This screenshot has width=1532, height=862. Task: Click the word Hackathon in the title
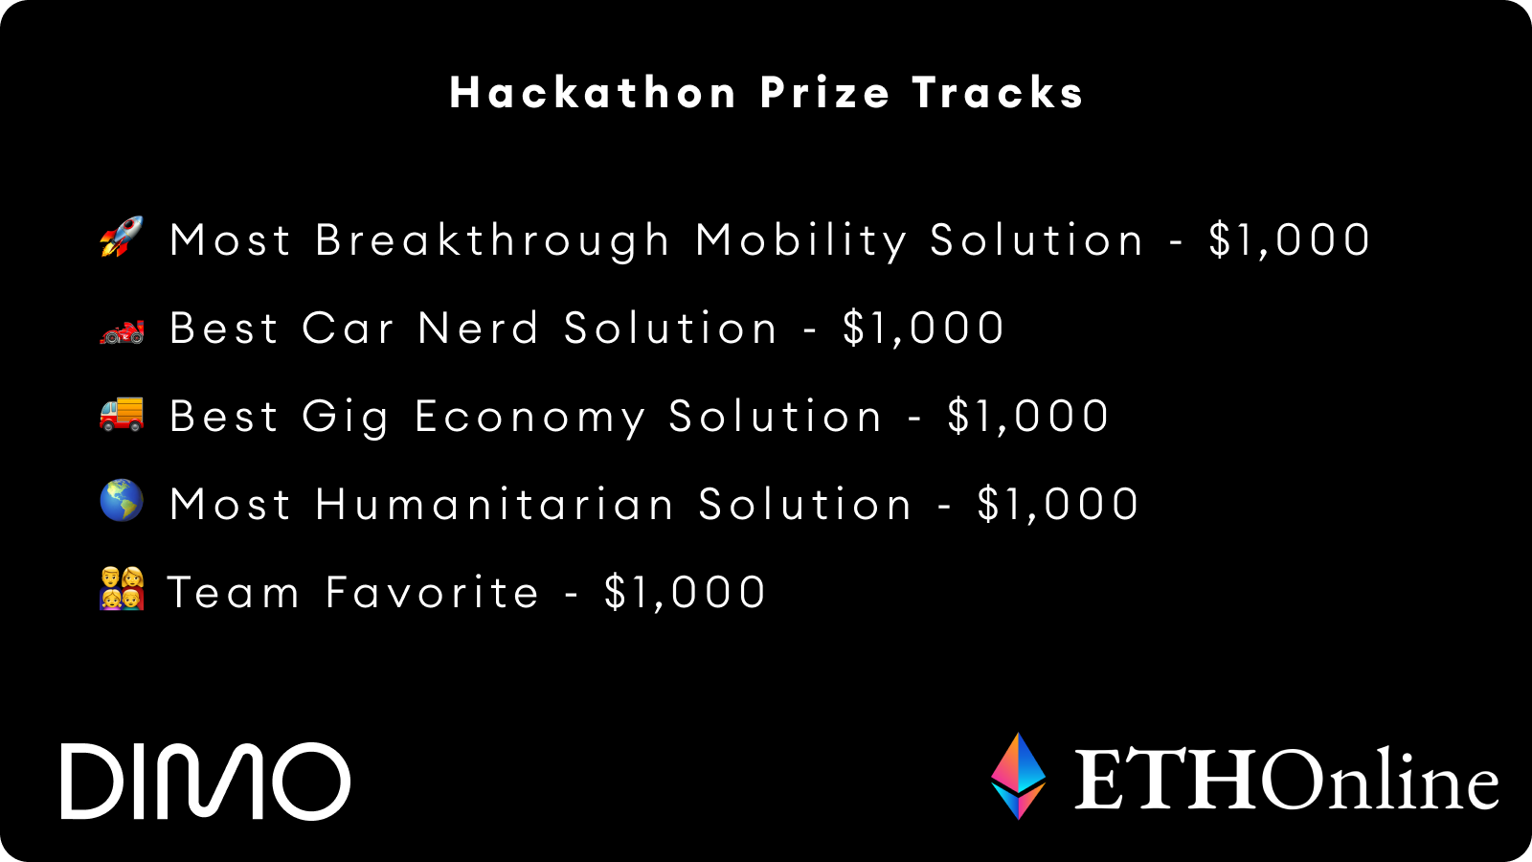pyautogui.click(x=593, y=92)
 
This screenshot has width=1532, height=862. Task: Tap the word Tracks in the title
pyautogui.click(x=998, y=92)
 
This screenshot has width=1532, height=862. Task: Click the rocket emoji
pyautogui.click(x=122, y=237)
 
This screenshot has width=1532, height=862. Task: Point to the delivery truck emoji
pyautogui.click(x=122, y=413)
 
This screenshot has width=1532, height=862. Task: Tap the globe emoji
pyautogui.click(x=122, y=501)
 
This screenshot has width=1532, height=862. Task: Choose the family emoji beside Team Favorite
pyautogui.click(x=122, y=588)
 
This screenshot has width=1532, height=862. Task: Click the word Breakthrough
pyautogui.click(x=492, y=240)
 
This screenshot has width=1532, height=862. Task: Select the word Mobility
pyautogui.click(x=801, y=240)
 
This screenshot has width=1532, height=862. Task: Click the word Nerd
pyautogui.click(x=479, y=328)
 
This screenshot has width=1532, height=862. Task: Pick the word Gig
pyautogui.click(x=346, y=418)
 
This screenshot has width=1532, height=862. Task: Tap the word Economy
pyautogui.click(x=530, y=418)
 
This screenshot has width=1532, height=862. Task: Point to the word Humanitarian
pyautogui.click(x=494, y=504)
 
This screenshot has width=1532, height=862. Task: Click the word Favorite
pyautogui.click(x=432, y=592)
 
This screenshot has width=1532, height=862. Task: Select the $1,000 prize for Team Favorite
pyautogui.click(x=686, y=593)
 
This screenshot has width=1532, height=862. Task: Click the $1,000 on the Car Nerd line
pyautogui.click(x=923, y=329)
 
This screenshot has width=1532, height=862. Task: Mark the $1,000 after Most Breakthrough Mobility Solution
pyautogui.click(x=1290, y=240)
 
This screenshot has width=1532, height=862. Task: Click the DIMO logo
pyautogui.click(x=205, y=781)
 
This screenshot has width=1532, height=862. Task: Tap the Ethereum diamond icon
pyautogui.click(x=1019, y=776)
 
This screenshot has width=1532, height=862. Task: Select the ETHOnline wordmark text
pyautogui.click(x=1287, y=780)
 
